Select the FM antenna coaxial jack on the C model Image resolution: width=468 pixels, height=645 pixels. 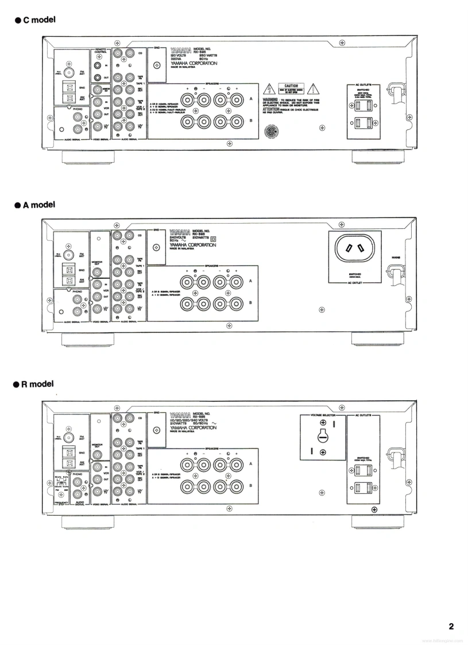tap(69, 73)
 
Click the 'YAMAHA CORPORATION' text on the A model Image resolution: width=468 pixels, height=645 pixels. tap(194, 245)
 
